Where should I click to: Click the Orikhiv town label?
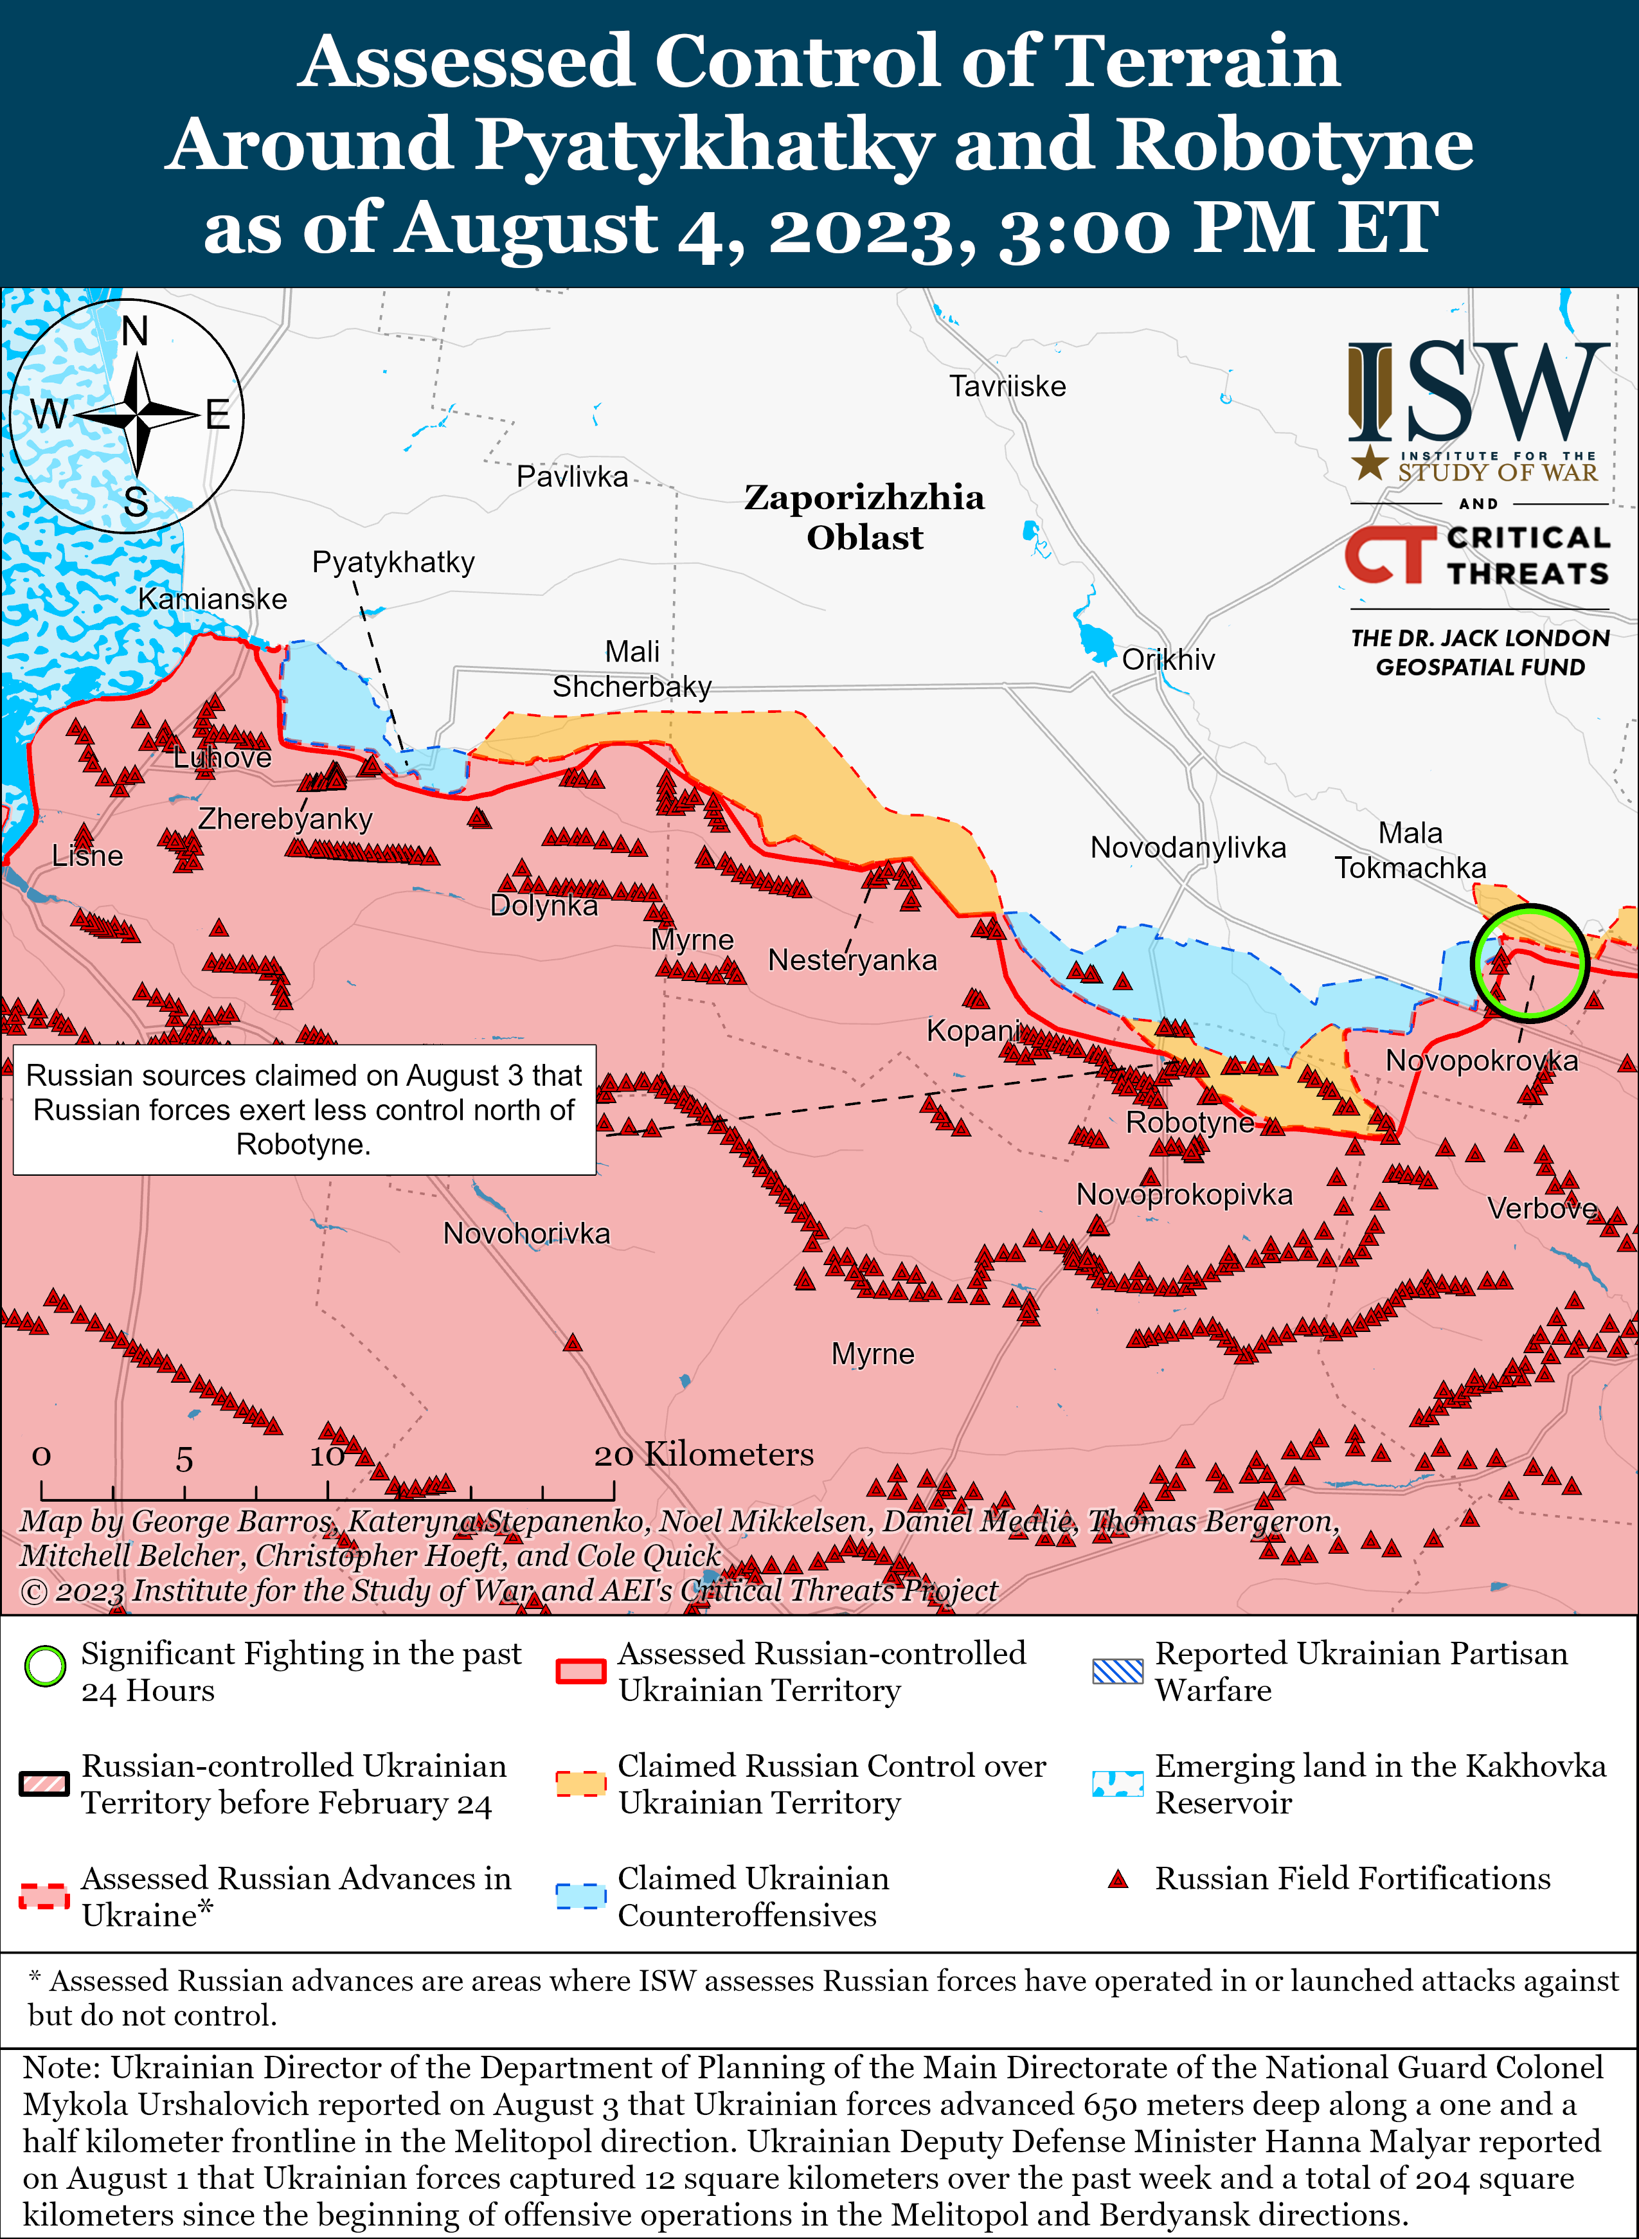1168,660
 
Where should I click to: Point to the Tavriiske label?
1007,386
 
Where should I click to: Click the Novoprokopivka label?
1185,1194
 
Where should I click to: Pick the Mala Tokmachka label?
1410,850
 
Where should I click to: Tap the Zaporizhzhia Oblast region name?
864,517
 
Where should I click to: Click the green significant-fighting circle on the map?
1529,962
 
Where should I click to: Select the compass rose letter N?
135,331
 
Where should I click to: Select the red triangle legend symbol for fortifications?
1118,1879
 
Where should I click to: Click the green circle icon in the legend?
44,1667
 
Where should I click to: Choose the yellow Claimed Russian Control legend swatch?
580,1783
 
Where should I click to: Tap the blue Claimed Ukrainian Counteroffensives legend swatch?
580,1896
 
